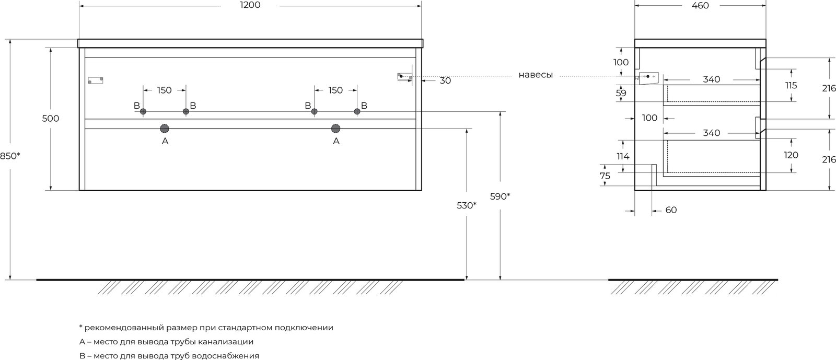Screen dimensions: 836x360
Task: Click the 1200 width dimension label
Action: (x=250, y=5)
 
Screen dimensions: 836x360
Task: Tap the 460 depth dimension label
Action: (x=700, y=6)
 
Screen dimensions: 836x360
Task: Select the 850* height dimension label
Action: (x=10, y=156)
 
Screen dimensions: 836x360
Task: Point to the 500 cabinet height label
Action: (x=50, y=119)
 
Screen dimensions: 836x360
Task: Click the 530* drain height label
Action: (x=467, y=205)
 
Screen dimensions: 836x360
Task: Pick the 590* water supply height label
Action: (x=500, y=196)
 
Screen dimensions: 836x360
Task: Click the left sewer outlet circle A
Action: (x=165, y=129)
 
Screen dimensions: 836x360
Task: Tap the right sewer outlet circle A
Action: (x=336, y=129)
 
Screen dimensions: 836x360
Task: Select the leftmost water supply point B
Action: (x=143, y=111)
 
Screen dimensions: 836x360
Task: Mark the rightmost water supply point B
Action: (x=357, y=111)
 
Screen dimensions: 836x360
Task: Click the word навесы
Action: (x=536, y=75)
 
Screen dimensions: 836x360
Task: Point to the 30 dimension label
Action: (x=445, y=80)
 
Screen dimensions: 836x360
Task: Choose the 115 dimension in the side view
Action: (x=791, y=86)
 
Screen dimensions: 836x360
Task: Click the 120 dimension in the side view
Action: (x=791, y=155)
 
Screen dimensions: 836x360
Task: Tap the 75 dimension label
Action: (x=605, y=176)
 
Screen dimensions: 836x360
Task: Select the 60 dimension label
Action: (x=671, y=210)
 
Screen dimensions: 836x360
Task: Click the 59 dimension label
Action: (x=621, y=93)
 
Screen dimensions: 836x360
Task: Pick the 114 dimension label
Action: (x=623, y=156)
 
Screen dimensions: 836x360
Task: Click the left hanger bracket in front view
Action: (x=96, y=80)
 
